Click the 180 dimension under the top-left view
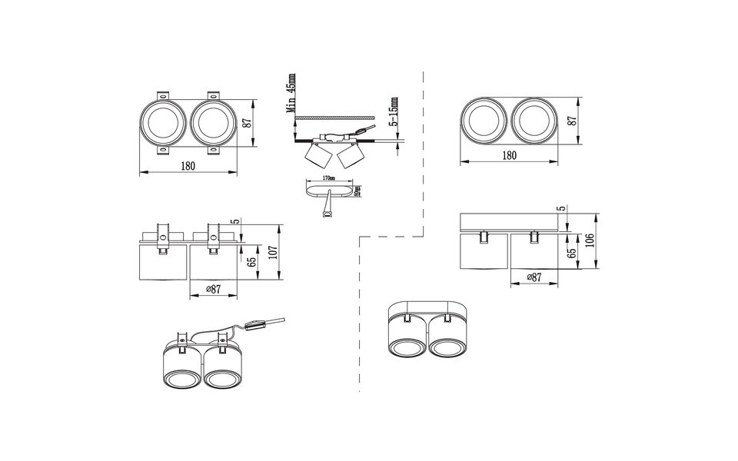(x=188, y=166)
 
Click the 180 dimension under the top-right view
(x=508, y=155)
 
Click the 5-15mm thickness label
(x=394, y=113)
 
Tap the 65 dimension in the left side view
(x=251, y=261)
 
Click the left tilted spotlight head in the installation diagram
(x=314, y=157)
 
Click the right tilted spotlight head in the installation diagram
(x=349, y=157)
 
